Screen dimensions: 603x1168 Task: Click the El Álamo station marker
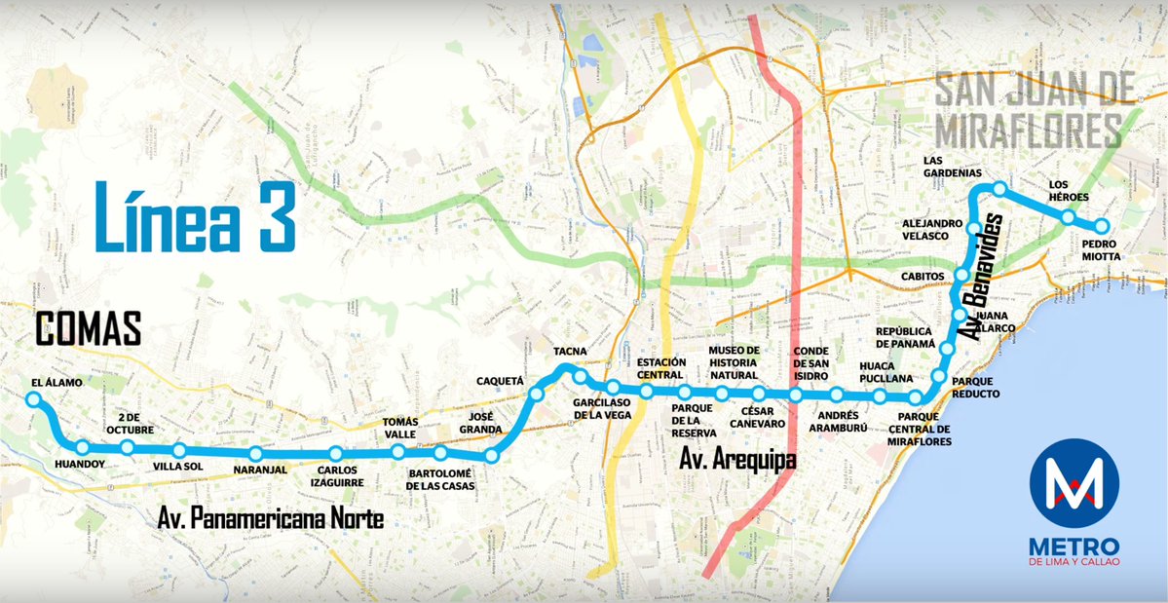[34, 399]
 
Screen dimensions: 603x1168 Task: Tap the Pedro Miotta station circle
[1103, 224]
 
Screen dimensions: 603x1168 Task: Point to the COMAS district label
[89, 329]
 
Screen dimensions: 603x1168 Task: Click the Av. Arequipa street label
[738, 459]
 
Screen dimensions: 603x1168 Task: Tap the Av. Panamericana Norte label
[271, 518]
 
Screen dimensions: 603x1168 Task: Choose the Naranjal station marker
[255, 454]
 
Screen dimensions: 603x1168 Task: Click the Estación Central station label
[662, 368]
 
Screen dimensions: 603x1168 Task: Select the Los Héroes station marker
[1069, 217]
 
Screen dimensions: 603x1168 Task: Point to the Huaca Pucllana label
[885, 372]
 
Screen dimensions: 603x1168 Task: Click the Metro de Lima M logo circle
[1074, 484]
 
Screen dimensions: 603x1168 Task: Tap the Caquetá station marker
[537, 395]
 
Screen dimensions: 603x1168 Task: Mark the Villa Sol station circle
[179, 450]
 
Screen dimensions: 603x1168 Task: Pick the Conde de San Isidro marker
[796, 395]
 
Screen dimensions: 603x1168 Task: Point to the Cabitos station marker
[962, 276]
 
